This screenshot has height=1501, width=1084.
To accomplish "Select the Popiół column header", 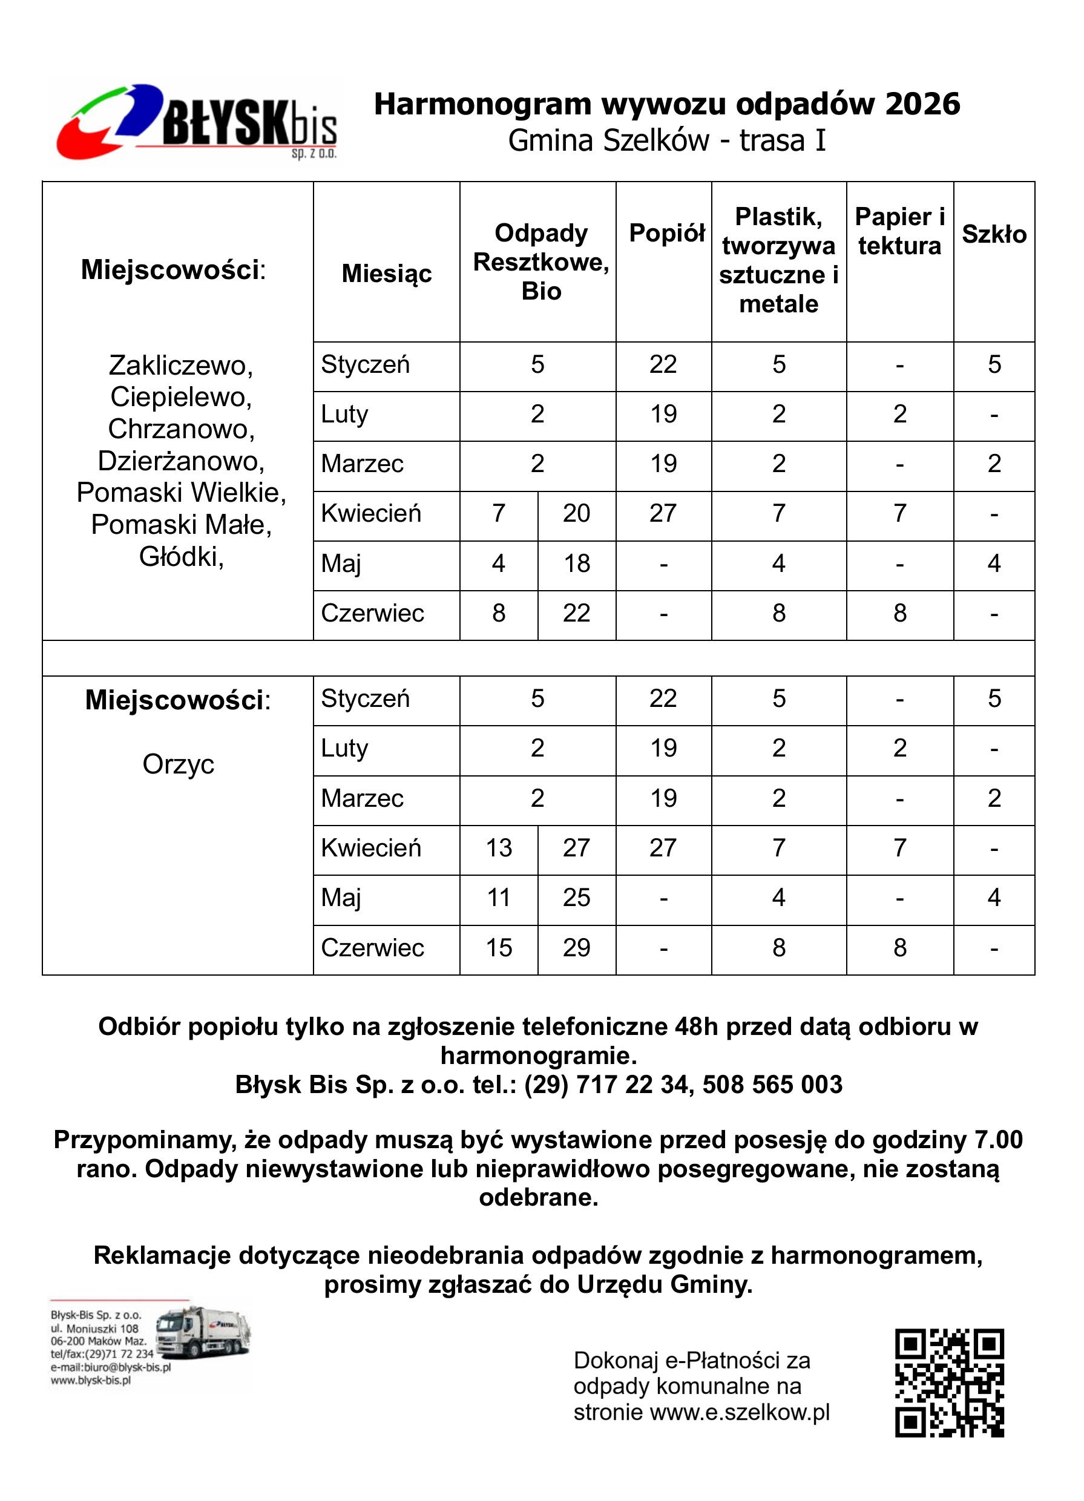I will point(666,233).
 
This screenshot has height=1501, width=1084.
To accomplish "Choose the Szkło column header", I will point(993,234).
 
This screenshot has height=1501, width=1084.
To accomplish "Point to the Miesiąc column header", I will point(387,274).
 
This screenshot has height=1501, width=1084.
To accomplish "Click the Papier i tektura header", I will point(899,231).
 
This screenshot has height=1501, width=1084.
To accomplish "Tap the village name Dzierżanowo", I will point(182,461).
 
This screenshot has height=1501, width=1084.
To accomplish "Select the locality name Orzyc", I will point(178,764).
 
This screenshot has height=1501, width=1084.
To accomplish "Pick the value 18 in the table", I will point(576,564).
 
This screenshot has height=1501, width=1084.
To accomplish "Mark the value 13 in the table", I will point(498,848).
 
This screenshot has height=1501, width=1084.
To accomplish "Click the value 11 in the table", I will point(498,898).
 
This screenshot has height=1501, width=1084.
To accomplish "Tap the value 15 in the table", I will point(498,948).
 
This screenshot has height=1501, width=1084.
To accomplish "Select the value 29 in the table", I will point(576,948).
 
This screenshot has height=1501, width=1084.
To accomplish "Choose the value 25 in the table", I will point(576,898).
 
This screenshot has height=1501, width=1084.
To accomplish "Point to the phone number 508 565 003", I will point(772,1085).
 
